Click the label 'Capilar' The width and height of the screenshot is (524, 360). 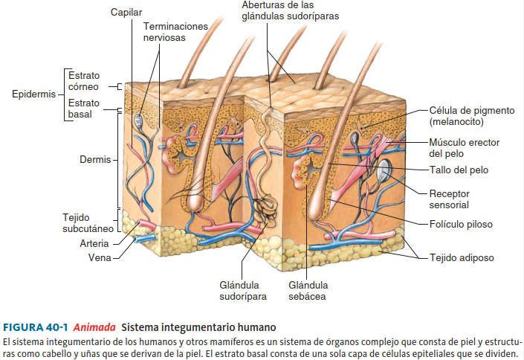126,12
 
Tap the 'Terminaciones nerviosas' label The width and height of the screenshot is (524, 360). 175,31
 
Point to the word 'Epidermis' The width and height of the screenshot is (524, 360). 33,94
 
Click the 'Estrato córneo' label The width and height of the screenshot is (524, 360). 83,81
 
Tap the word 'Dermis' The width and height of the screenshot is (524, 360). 95,159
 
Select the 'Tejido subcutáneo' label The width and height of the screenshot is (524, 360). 87,222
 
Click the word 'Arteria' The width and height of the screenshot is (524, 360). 95,243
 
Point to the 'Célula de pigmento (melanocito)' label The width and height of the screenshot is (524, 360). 471,115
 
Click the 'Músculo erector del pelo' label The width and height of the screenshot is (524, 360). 464,147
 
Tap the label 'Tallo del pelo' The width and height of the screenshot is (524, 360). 459,170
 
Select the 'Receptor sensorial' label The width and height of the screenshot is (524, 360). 449,199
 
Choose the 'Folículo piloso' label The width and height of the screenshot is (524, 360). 460,223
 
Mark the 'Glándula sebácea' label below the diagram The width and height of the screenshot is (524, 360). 307,291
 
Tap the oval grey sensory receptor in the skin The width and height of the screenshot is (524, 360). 384,171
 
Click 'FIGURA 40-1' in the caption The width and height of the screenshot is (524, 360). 36,327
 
